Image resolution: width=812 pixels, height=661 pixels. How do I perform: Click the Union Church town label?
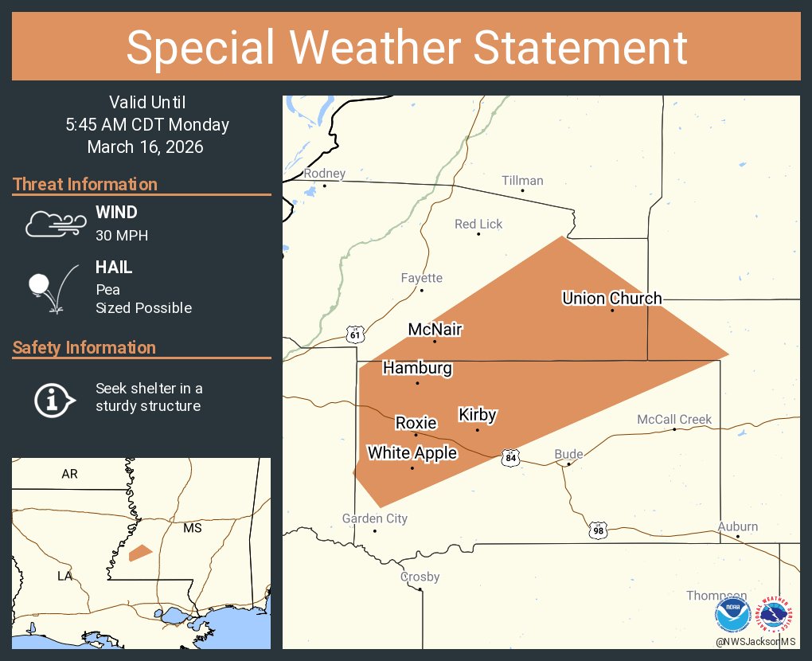tap(611, 299)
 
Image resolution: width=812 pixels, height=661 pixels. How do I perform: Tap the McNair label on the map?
tap(435, 329)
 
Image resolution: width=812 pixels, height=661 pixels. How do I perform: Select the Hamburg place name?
tap(417, 368)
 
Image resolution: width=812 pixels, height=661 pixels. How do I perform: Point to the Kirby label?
tap(478, 415)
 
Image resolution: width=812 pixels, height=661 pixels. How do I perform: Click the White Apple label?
tap(412, 453)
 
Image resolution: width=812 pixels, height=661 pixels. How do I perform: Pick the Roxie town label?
tap(416, 422)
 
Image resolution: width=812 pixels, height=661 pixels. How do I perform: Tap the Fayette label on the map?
tap(421, 278)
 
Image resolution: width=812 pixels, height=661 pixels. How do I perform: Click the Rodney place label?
tap(325, 174)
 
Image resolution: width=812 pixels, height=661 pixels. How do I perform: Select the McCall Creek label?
tap(674, 420)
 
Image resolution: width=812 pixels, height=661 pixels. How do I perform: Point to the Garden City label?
tap(374, 518)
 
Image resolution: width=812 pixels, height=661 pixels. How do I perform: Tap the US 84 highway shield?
tap(511, 458)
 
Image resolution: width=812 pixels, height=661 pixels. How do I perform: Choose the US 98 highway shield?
tap(599, 530)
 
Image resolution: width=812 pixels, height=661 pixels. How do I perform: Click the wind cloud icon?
tap(53, 224)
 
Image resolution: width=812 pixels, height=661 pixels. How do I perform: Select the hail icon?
tap(53, 286)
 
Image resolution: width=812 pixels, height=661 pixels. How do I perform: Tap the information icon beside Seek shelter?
tap(54, 398)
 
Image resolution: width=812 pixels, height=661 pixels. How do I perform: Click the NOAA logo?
tap(732, 616)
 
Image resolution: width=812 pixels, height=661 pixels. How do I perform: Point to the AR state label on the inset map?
tap(70, 474)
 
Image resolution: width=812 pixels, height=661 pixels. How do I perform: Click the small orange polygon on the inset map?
tap(140, 552)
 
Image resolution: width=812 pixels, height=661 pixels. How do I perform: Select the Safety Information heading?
tap(84, 347)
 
